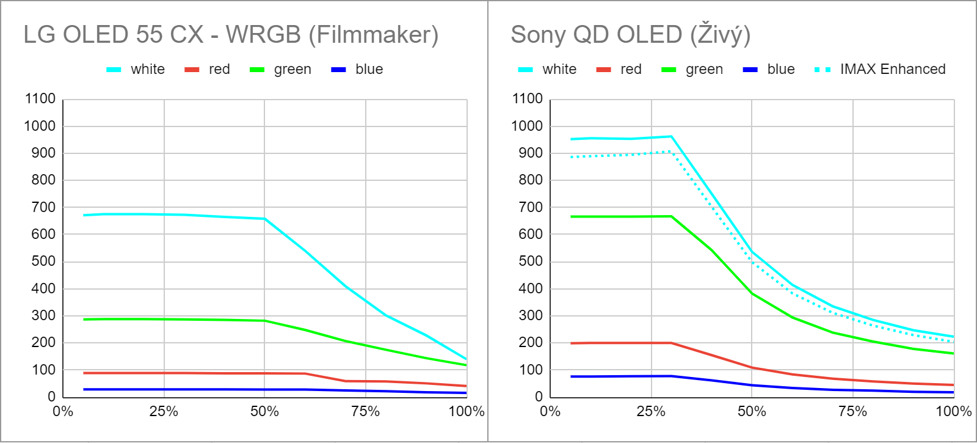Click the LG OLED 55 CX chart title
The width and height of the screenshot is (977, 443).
click(x=231, y=35)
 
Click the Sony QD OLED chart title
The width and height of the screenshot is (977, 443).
click(x=630, y=35)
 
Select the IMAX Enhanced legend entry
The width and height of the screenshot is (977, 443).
click(x=892, y=69)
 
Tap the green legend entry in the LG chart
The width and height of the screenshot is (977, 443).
click(x=292, y=69)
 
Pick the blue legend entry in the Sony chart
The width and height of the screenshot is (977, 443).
click(x=780, y=69)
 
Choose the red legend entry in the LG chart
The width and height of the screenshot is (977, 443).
click(x=219, y=69)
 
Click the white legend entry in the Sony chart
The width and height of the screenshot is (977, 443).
click(x=559, y=69)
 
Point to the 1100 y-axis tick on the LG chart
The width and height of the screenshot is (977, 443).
click(x=40, y=99)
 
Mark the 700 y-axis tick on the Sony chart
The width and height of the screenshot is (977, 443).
click(x=531, y=207)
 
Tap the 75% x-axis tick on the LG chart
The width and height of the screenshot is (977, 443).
click(x=365, y=411)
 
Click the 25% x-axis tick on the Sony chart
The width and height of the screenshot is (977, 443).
click(x=651, y=411)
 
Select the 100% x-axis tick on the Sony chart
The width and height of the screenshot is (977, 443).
click(x=953, y=411)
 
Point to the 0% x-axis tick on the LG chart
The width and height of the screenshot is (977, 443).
click(x=63, y=411)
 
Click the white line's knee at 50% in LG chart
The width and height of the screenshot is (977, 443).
click(x=264, y=219)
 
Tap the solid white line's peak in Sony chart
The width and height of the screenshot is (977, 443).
click(x=671, y=136)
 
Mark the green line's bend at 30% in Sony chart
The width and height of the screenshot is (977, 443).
click(x=671, y=216)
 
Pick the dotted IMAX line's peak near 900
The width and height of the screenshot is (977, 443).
click(x=670, y=152)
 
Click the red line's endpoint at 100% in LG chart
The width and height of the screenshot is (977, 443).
click(x=467, y=386)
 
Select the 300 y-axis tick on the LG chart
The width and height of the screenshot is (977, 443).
click(x=43, y=315)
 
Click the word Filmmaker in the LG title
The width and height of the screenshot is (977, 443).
click(x=373, y=35)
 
